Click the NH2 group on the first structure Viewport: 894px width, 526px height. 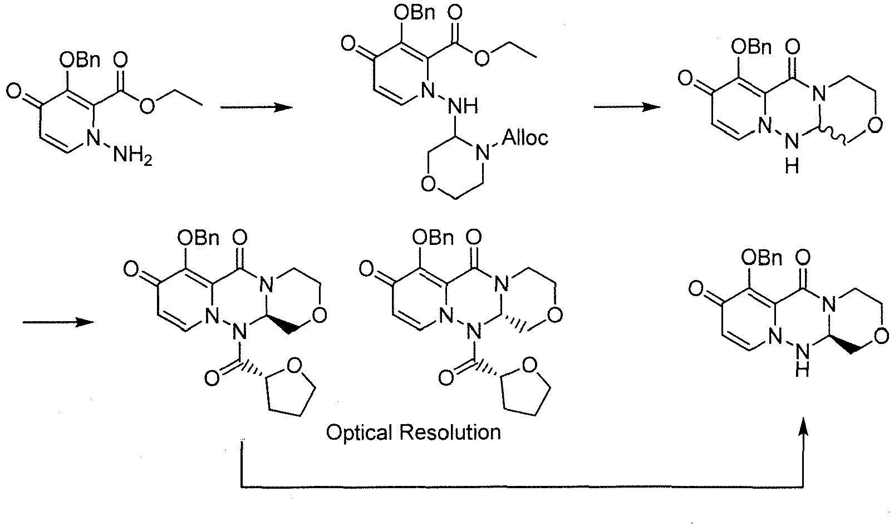click(x=132, y=155)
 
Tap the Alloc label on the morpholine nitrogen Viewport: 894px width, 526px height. click(x=525, y=137)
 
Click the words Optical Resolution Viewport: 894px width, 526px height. click(x=414, y=432)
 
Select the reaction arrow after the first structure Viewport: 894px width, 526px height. click(x=256, y=107)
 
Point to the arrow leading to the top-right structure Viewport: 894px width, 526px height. click(x=627, y=107)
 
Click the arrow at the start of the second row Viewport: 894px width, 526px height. click(x=58, y=322)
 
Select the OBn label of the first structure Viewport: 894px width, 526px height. click(x=80, y=60)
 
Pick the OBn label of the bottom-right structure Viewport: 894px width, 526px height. click(x=762, y=258)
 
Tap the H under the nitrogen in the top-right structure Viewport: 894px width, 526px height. click(x=792, y=166)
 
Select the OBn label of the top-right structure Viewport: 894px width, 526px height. click(x=751, y=47)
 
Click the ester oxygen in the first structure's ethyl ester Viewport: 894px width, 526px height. click(x=147, y=105)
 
